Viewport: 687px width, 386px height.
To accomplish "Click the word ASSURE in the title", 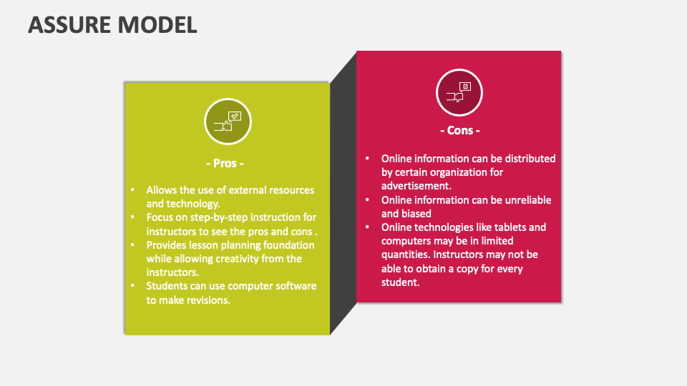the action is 69,25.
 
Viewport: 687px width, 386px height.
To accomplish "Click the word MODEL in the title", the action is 157,25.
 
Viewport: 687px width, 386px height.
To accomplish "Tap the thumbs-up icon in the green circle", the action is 228,122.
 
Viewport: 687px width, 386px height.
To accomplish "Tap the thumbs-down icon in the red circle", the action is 459,92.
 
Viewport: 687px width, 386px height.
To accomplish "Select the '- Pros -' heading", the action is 225,163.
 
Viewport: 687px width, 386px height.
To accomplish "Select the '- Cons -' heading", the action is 460,130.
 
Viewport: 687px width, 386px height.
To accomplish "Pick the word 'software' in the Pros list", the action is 296,286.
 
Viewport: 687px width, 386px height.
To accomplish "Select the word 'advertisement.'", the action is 416,186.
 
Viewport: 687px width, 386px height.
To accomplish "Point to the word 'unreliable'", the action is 528,200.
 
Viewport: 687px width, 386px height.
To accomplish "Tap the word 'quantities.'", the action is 406,254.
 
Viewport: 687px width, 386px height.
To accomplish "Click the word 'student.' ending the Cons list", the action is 401,282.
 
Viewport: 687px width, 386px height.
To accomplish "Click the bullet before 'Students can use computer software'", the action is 133,286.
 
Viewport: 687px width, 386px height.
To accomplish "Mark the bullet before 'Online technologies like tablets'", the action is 368,227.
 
